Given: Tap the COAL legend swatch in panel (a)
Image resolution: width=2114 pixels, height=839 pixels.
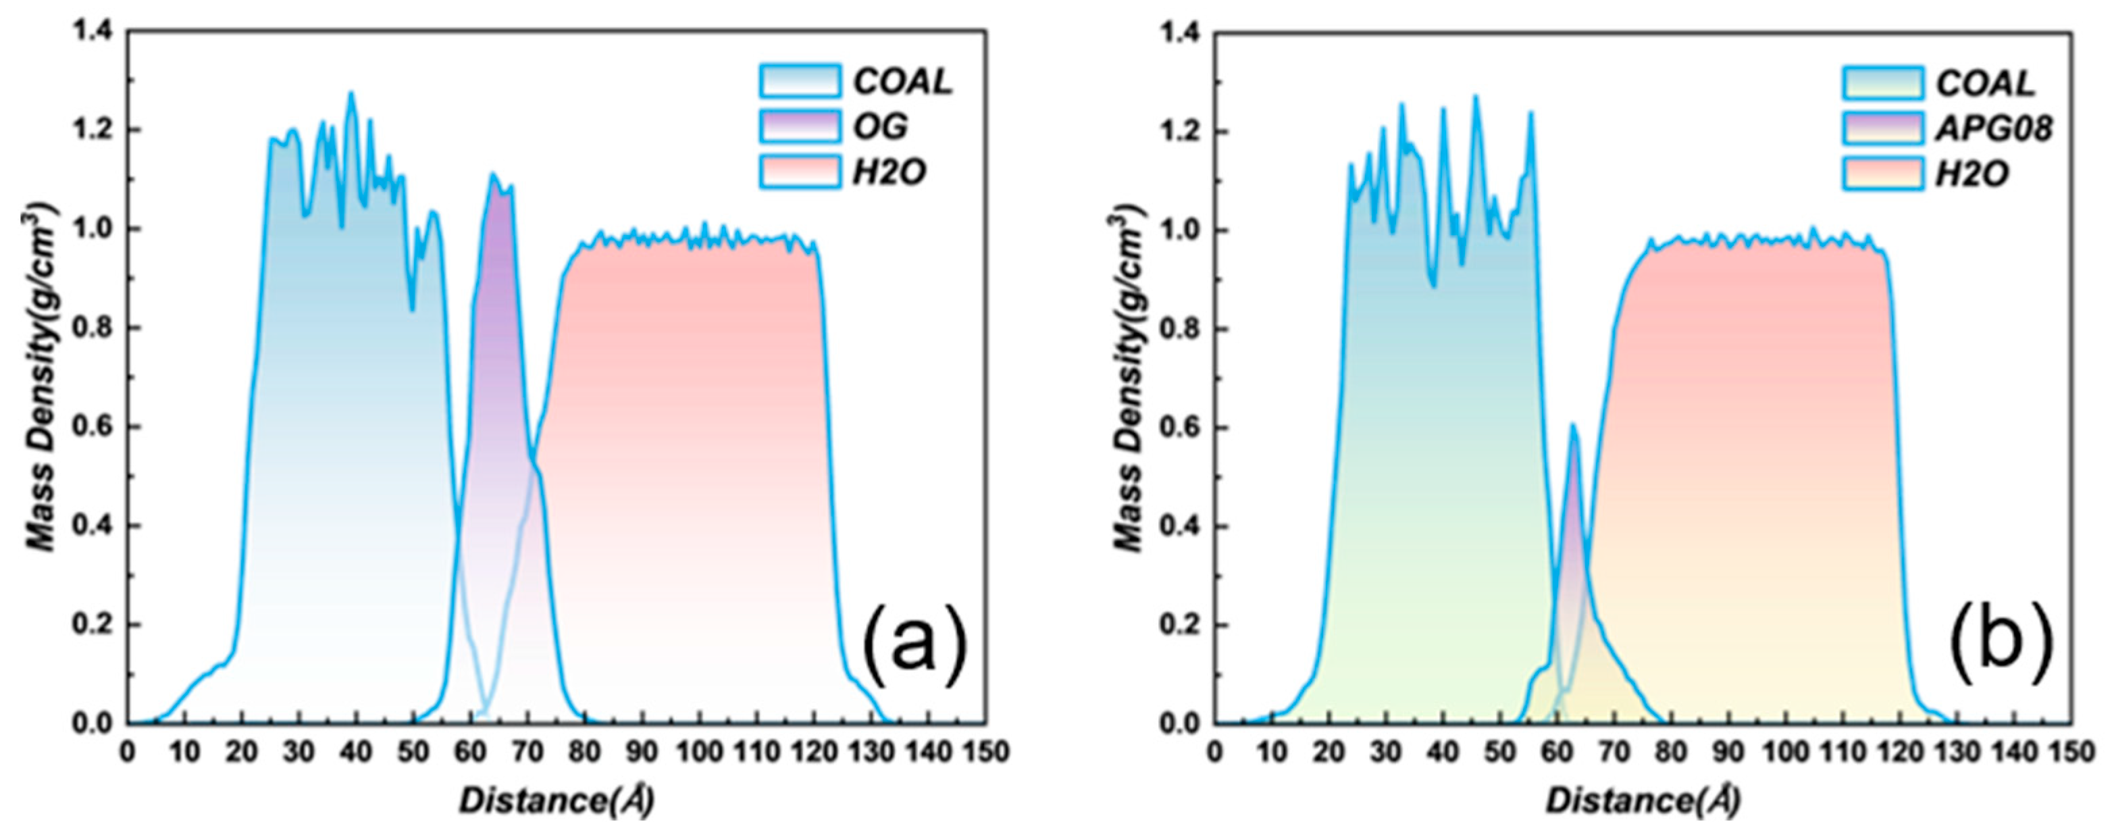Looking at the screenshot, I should tap(799, 81).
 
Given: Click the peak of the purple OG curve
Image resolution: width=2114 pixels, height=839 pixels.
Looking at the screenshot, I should tap(492, 174).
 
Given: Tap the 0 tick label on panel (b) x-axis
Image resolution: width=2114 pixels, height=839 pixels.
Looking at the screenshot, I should tap(1216, 752).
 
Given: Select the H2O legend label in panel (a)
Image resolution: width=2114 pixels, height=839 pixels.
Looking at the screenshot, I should tap(889, 172).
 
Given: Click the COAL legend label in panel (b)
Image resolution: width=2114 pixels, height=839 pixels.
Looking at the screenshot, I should tap(1984, 83).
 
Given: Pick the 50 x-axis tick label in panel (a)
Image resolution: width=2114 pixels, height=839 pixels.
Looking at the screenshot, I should tap(413, 752).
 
